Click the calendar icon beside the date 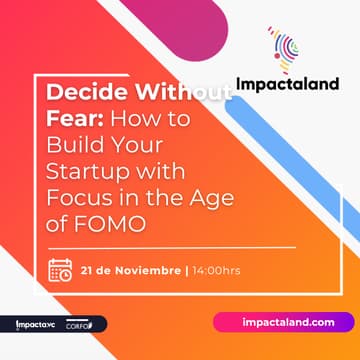coord(61,270)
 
